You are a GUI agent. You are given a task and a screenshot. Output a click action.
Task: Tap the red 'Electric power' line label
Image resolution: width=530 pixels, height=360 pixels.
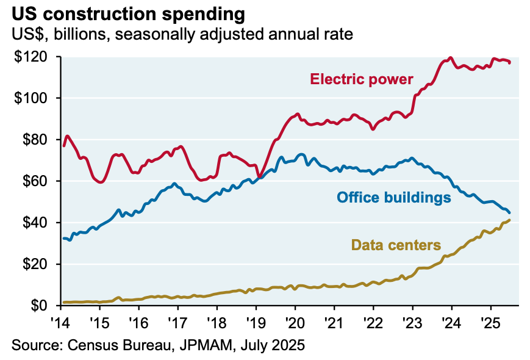pos(362,79)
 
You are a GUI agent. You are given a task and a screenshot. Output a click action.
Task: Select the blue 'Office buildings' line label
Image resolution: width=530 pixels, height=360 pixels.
pos(393,197)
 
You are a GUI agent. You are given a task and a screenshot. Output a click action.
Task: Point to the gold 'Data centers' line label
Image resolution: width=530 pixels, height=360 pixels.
pos(396,245)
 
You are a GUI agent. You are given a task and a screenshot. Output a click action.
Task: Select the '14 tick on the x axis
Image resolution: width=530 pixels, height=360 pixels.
pos(60,322)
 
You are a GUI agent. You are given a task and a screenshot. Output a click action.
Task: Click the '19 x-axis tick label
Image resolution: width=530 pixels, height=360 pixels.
pos(256,322)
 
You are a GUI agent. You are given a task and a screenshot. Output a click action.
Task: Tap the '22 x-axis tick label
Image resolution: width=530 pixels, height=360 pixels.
pos(373,322)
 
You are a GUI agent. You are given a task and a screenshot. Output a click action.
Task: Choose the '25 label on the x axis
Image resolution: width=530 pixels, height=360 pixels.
pos(490,322)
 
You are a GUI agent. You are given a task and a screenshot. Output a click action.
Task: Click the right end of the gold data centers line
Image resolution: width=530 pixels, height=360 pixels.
pos(509,220)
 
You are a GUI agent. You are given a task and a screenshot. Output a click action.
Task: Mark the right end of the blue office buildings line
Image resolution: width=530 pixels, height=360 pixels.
pos(509,212)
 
